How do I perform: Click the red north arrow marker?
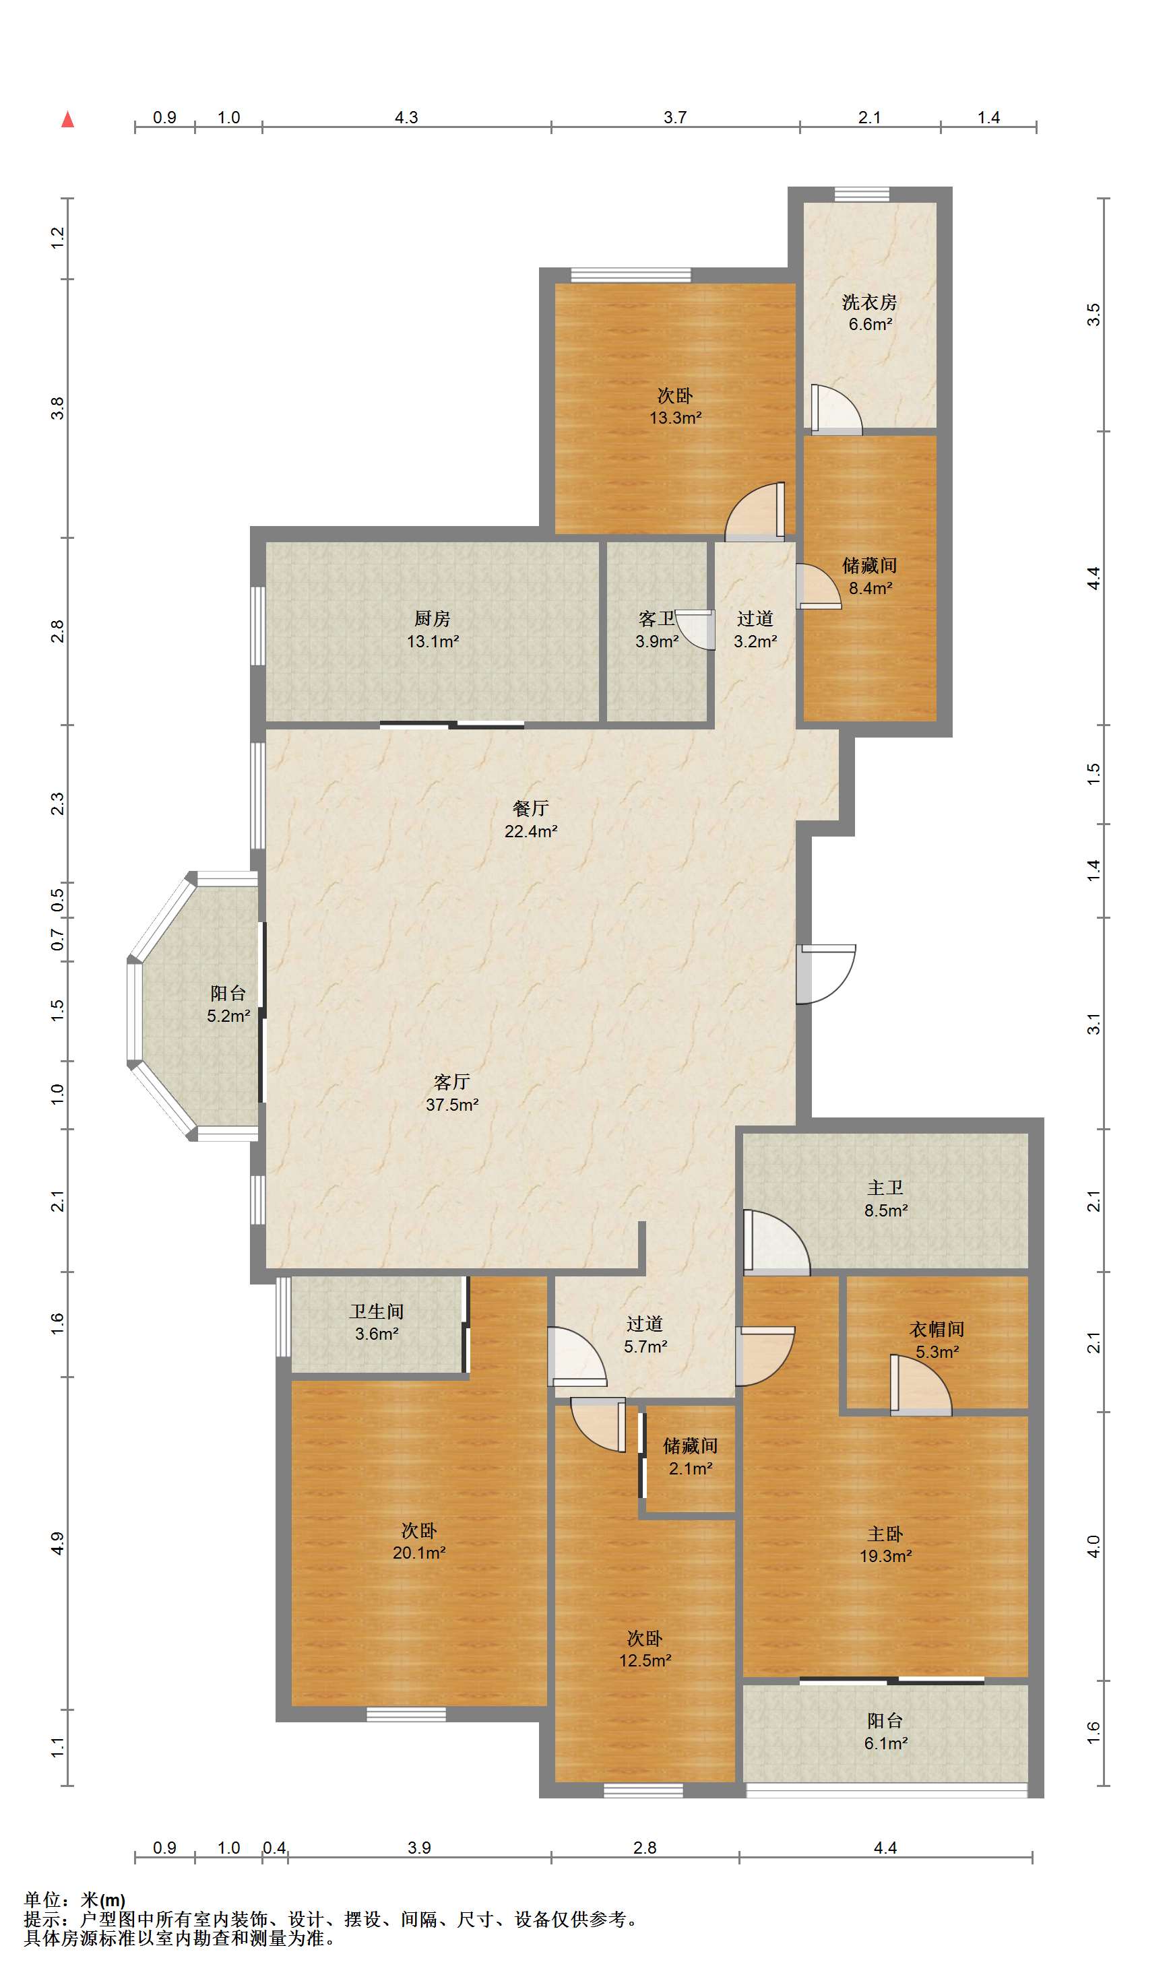[68, 119]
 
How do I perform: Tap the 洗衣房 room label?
[870, 302]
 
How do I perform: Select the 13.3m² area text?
[676, 418]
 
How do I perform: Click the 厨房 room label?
[433, 619]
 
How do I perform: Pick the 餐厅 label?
[530, 808]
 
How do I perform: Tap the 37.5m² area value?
[452, 1105]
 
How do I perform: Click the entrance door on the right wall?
[825, 974]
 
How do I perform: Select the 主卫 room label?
[885, 1187]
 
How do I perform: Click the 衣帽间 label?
[937, 1330]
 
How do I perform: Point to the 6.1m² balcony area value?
[886, 1744]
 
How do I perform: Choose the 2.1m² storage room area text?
[691, 1468]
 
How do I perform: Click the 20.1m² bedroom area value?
[420, 1553]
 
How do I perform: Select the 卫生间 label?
[377, 1311]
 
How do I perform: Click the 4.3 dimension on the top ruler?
[406, 117]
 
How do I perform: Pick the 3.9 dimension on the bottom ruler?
[420, 1848]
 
